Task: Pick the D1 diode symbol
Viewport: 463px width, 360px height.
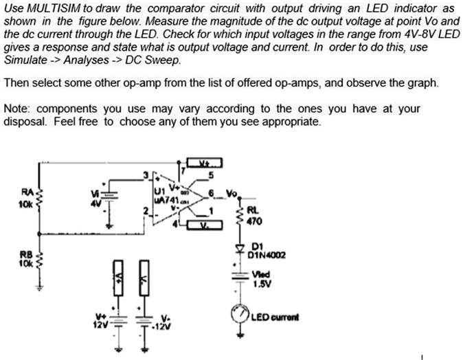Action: [x=241, y=247]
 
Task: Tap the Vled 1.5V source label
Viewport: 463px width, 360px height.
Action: [x=261, y=278]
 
